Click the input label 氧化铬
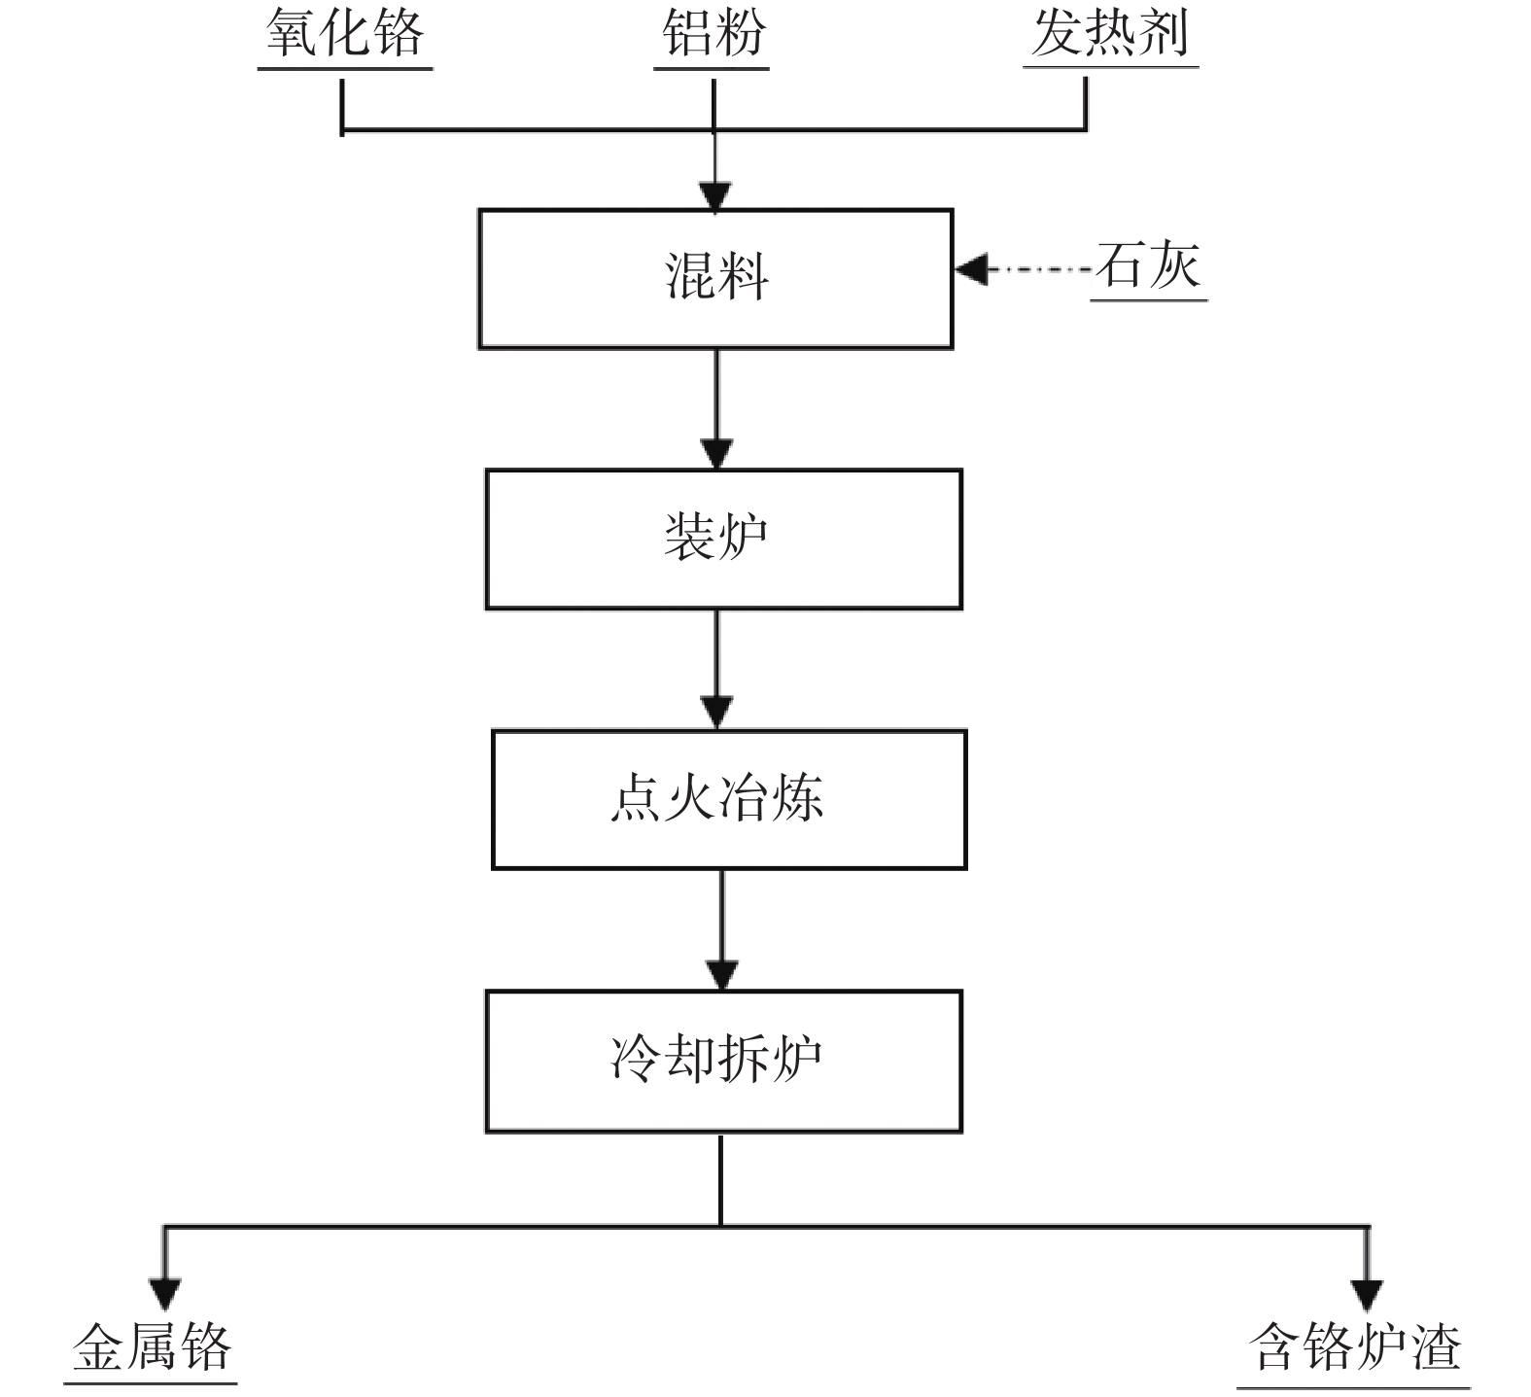point(345,34)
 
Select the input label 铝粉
point(713,34)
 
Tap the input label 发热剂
point(1110,34)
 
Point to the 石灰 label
point(1148,266)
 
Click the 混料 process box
point(715,278)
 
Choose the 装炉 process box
point(723,539)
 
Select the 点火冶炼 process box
point(728,799)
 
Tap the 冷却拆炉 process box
point(723,1061)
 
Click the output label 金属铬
point(152,1347)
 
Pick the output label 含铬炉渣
point(1355,1347)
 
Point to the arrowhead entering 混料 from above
point(715,196)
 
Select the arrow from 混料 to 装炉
point(716,408)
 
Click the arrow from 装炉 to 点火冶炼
point(717,669)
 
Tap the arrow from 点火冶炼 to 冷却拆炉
point(721,929)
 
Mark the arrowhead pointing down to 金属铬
point(164,1294)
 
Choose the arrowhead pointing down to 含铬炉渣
point(1367,1294)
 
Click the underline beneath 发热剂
point(1110,67)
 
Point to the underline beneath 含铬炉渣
point(1353,1387)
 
